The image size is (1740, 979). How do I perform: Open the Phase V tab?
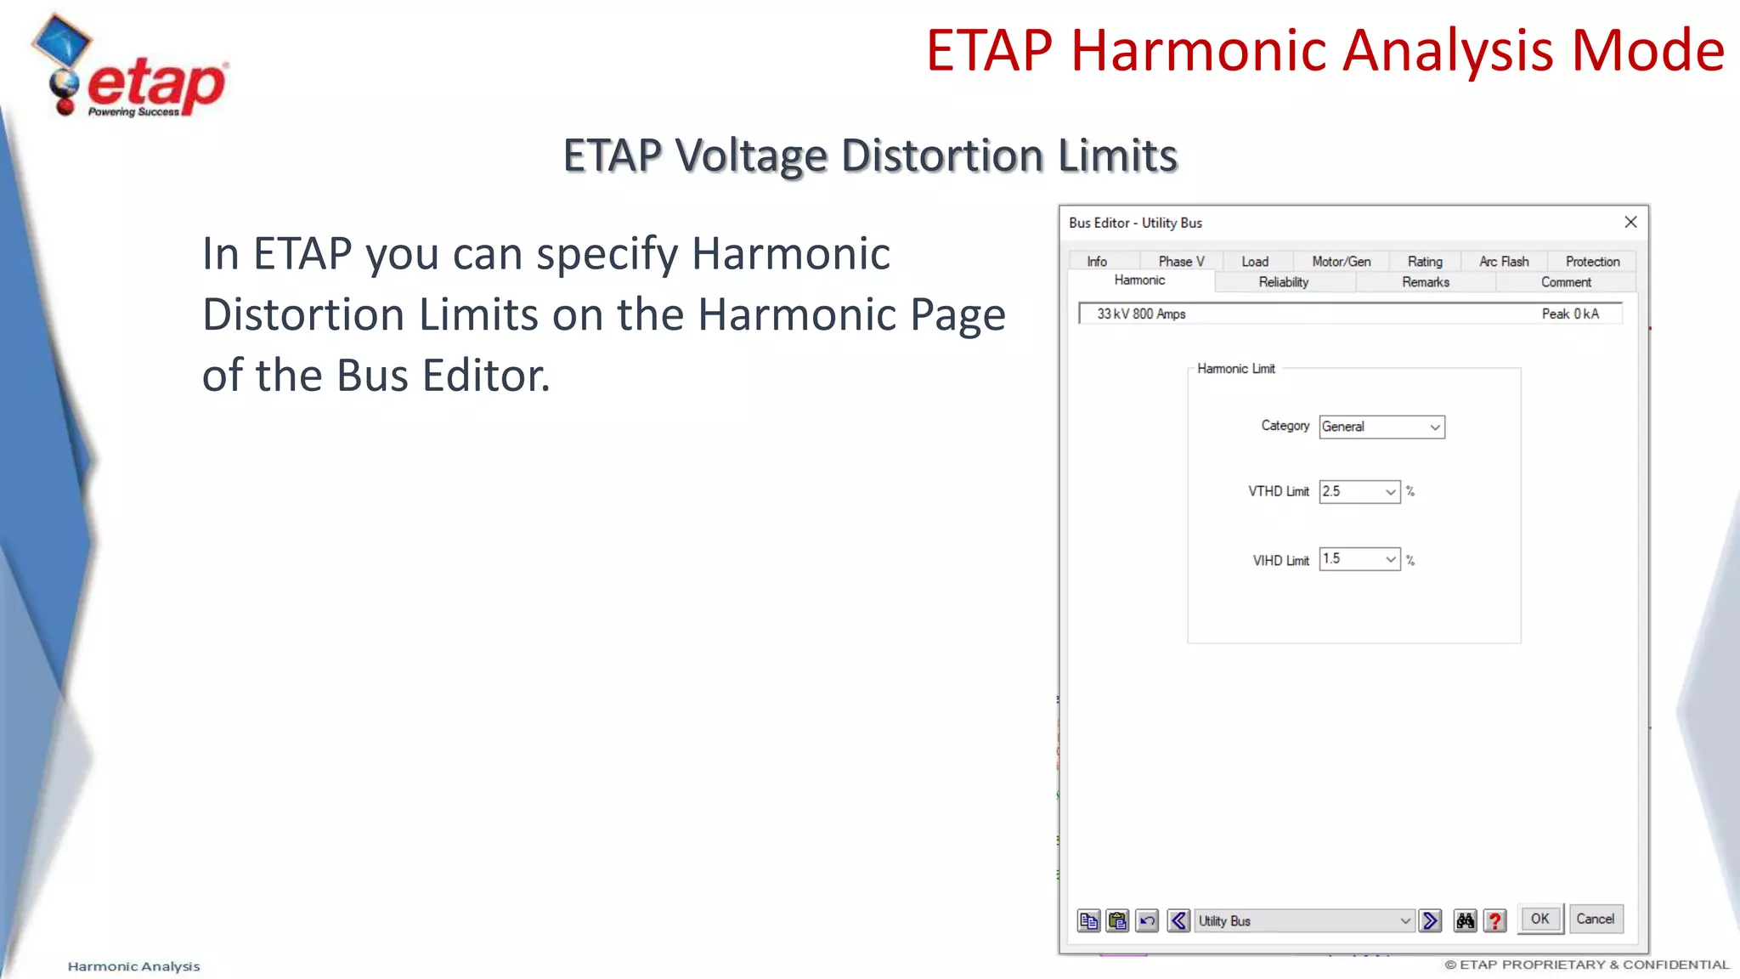point(1181,262)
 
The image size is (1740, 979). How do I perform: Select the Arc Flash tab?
point(1503,262)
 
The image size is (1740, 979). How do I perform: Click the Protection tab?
point(1592,262)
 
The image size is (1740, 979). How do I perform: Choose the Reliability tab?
point(1283,282)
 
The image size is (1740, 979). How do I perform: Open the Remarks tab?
point(1426,282)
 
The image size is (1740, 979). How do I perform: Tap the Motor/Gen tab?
point(1341,262)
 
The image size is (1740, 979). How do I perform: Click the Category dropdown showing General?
point(1381,427)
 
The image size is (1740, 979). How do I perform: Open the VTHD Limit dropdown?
point(1359,491)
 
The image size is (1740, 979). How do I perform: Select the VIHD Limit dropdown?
point(1359,559)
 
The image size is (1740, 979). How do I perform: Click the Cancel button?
point(1595,919)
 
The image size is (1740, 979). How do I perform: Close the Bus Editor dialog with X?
point(1630,222)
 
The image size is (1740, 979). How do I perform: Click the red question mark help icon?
point(1494,920)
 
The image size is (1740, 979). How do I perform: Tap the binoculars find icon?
point(1465,920)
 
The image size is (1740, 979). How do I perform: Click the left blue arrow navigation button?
point(1178,920)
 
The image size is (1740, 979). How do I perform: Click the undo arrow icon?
point(1147,920)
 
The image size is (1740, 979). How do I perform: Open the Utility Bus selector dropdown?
point(1304,920)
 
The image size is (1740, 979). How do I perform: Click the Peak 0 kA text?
point(1570,314)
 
